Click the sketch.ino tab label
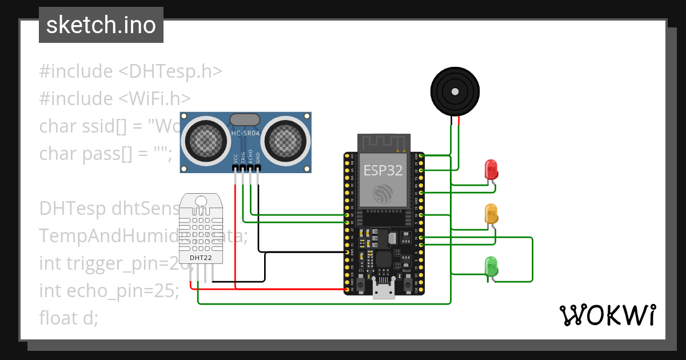coord(101,25)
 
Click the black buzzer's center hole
coord(454,91)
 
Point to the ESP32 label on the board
coord(383,170)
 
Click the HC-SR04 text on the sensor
coord(245,133)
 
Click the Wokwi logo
coord(607,315)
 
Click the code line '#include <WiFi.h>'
coord(114,98)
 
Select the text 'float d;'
coord(69,318)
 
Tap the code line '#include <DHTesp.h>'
coord(130,71)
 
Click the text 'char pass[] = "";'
coord(105,153)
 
